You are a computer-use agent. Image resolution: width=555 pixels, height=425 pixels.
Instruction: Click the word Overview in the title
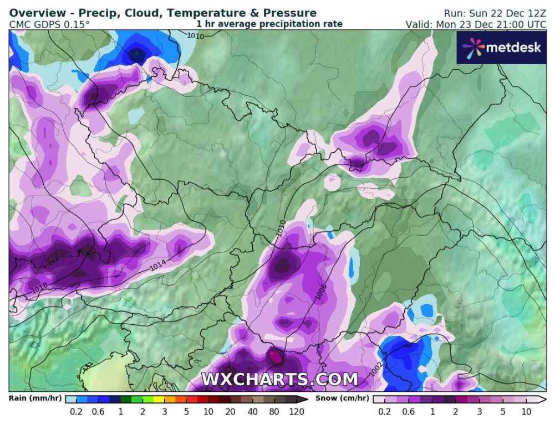(34, 13)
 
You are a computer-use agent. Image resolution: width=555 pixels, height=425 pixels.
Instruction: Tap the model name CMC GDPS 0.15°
(49, 24)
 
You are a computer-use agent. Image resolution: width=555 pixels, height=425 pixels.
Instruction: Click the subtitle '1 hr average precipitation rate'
(269, 24)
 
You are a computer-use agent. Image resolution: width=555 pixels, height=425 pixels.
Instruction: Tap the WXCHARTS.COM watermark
(279, 380)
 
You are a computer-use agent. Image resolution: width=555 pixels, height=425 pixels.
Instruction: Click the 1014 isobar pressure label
(158, 266)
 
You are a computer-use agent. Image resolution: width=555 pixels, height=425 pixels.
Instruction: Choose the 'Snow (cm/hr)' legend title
(343, 398)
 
